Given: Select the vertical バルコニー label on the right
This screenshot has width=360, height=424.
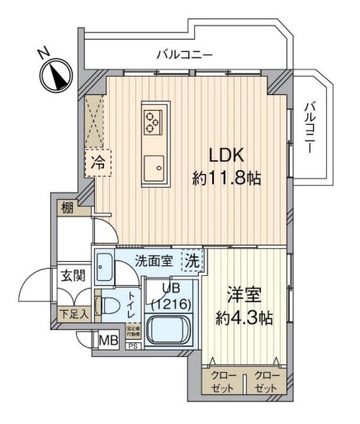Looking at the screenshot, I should pos(310,125).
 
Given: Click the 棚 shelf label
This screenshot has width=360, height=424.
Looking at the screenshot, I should pos(65,208).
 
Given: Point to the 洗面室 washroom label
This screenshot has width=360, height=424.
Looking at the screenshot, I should pos(154,260).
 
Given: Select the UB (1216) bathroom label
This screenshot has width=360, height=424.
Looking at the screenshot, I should pos(168,297).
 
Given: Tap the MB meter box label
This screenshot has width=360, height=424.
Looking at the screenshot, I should pos(108,340).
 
